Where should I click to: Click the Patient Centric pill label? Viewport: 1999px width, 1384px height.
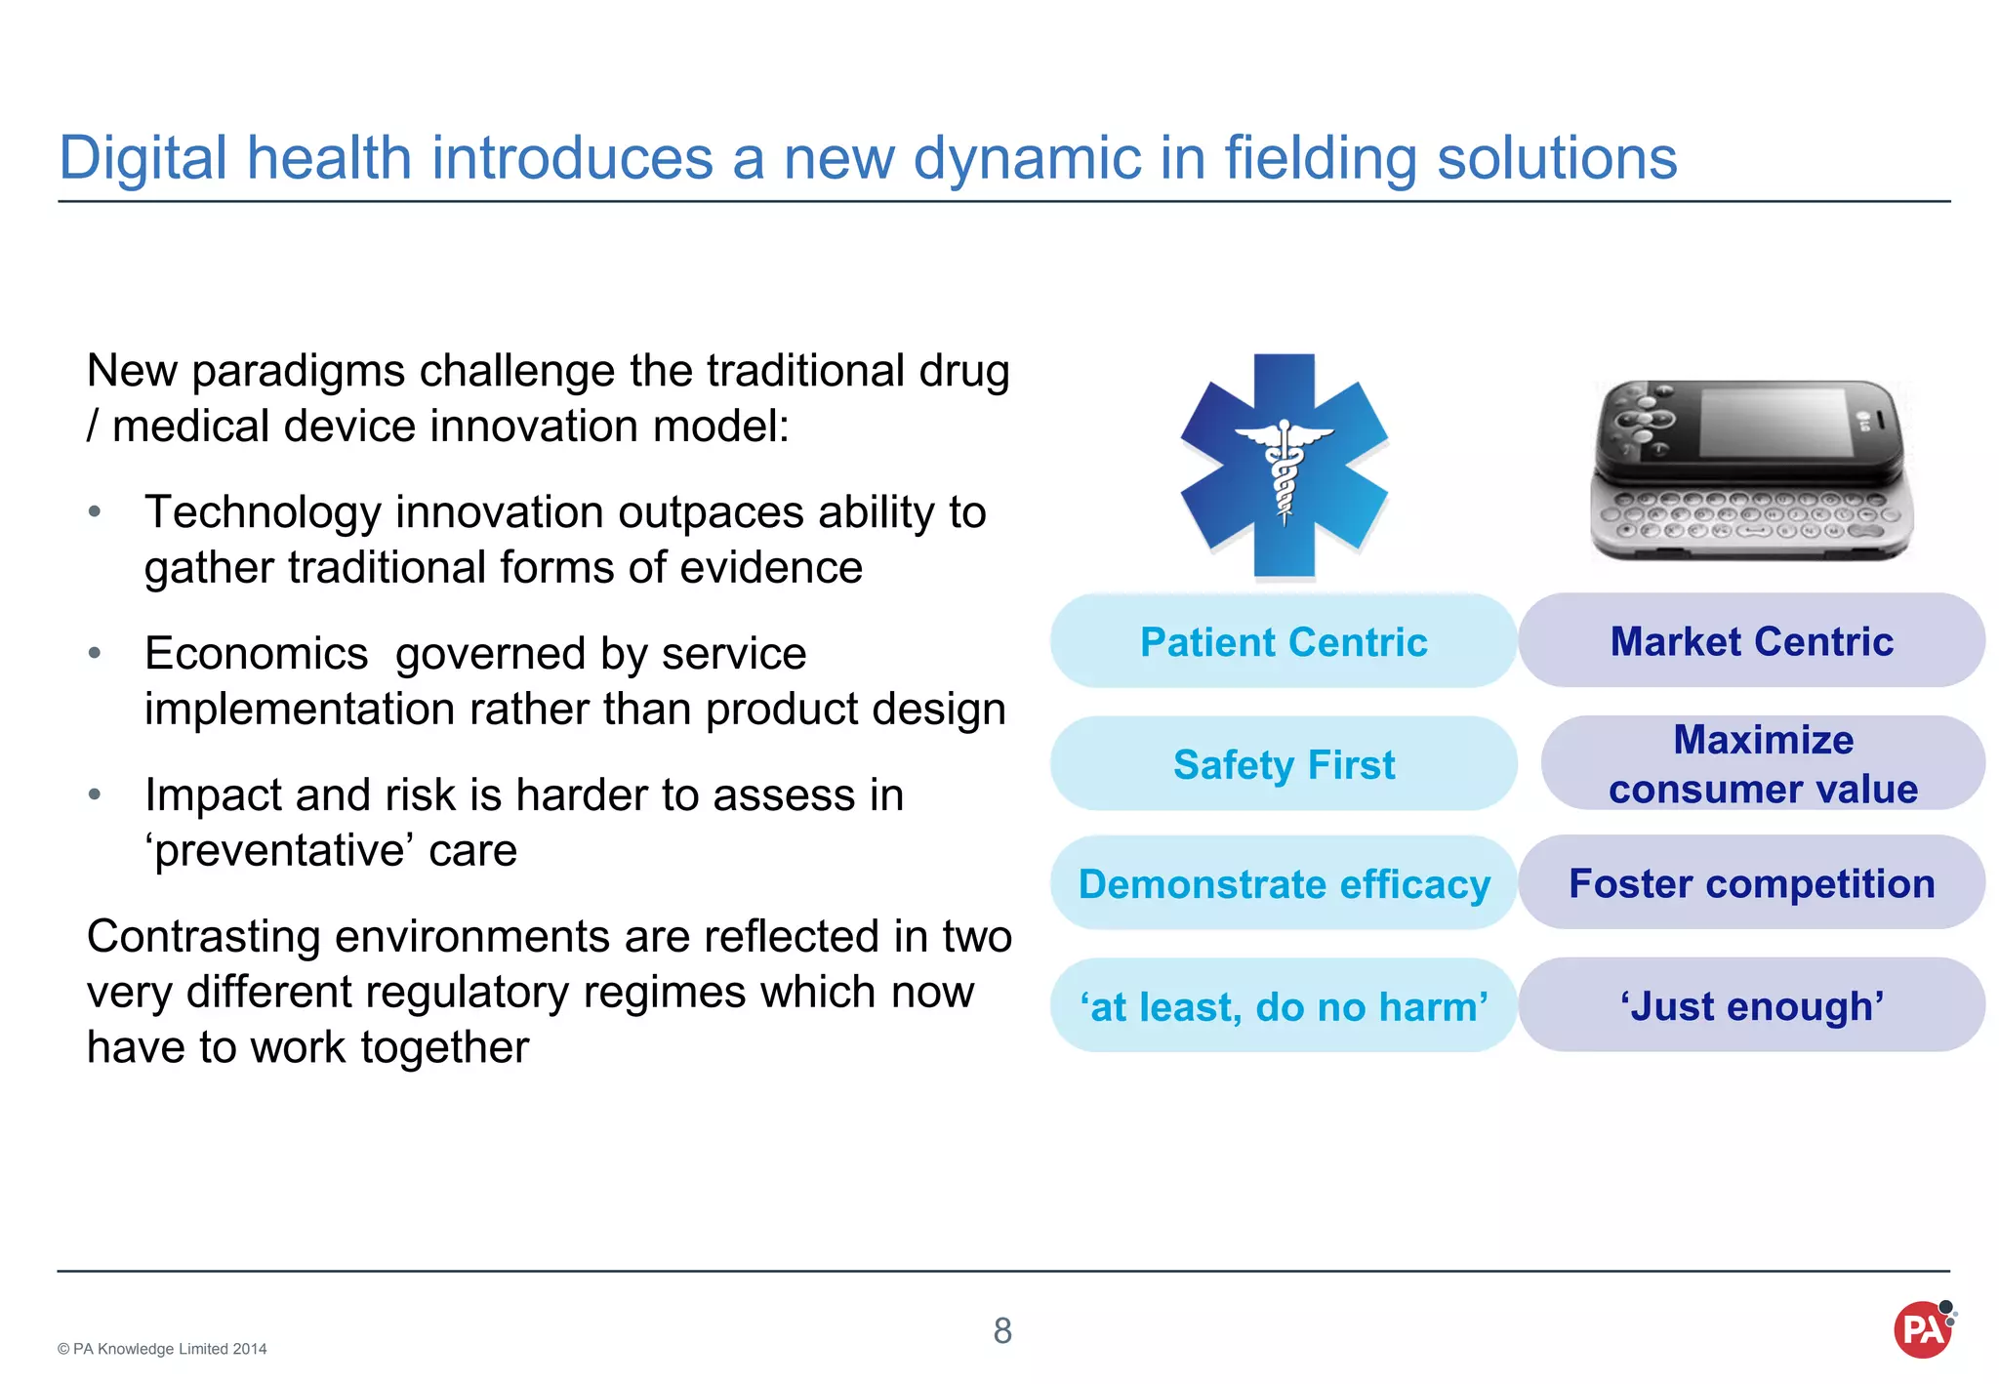coord(1283,642)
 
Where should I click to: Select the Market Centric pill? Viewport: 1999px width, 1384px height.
coord(1751,641)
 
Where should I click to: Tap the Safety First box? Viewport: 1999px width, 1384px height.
coord(1283,764)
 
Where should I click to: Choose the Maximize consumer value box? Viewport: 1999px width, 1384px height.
coord(1763,764)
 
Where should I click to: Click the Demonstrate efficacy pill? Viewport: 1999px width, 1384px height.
coord(1283,884)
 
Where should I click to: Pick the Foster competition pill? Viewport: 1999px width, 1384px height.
coord(1751,883)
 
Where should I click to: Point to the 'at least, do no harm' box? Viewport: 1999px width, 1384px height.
coord(1283,1006)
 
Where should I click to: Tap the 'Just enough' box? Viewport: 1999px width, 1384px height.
coord(1751,1005)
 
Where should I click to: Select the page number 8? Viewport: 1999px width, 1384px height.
coord(1002,1330)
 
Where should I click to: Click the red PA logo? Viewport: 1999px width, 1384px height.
coord(1922,1330)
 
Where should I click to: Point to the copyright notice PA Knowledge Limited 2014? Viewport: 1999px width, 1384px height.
coord(162,1349)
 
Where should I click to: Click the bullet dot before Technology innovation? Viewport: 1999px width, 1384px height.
coord(95,511)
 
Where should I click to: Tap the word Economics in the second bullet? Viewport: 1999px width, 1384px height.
coord(256,653)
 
